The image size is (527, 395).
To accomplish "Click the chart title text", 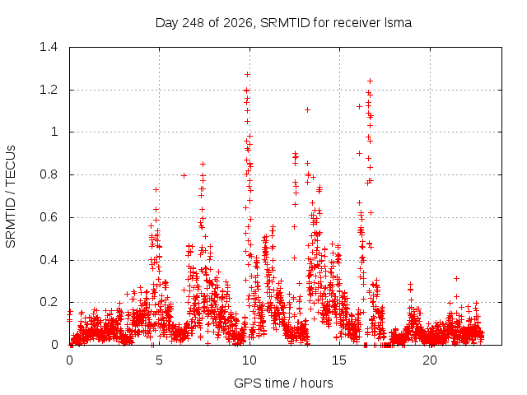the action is click(283, 23).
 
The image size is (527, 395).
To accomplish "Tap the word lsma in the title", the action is click(398, 23).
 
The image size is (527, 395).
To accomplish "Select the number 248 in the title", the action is click(193, 23).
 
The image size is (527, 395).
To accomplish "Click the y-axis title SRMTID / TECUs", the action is click(11, 197).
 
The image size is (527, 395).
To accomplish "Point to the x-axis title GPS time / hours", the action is click(283, 383).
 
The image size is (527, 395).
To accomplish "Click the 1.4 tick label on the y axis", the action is click(49, 47).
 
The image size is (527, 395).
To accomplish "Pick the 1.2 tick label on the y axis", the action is click(49, 90).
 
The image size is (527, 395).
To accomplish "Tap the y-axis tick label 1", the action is click(54, 132).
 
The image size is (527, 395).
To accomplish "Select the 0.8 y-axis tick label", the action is click(49, 174).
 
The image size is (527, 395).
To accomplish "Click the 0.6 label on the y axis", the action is click(49, 217).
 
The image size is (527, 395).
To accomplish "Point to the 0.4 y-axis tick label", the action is click(49, 260).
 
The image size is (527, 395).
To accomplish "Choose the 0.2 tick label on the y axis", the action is click(49, 302).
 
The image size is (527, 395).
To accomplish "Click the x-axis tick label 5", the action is click(159, 360).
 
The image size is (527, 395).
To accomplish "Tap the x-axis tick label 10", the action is click(250, 360).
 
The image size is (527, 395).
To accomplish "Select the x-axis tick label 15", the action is click(339, 360).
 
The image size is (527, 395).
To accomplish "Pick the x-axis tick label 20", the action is click(430, 360).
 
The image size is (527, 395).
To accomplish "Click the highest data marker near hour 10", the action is click(247, 74).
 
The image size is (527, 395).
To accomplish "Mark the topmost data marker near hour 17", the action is click(370, 81).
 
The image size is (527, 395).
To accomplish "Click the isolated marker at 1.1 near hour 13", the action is click(307, 109).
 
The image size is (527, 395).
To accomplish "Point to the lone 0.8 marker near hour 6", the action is click(184, 175).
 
